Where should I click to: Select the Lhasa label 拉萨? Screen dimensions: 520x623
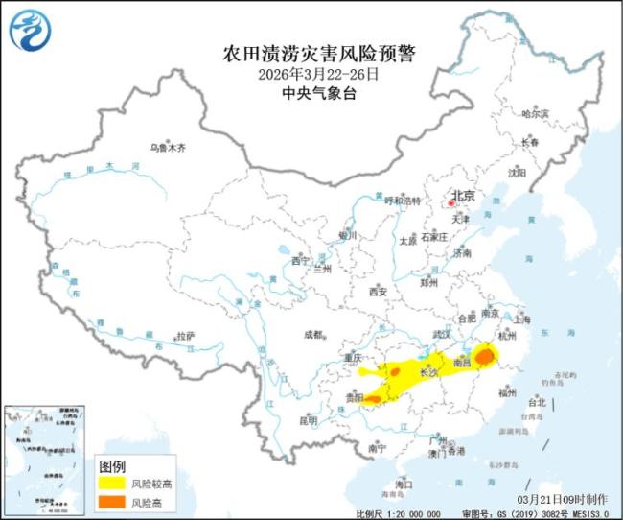click(x=185, y=336)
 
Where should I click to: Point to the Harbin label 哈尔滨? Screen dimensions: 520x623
click(x=536, y=114)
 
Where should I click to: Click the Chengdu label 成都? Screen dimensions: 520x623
click(x=313, y=335)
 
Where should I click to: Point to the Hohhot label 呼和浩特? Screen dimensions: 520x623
click(x=403, y=201)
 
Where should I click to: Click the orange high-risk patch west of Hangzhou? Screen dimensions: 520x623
click(x=485, y=357)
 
